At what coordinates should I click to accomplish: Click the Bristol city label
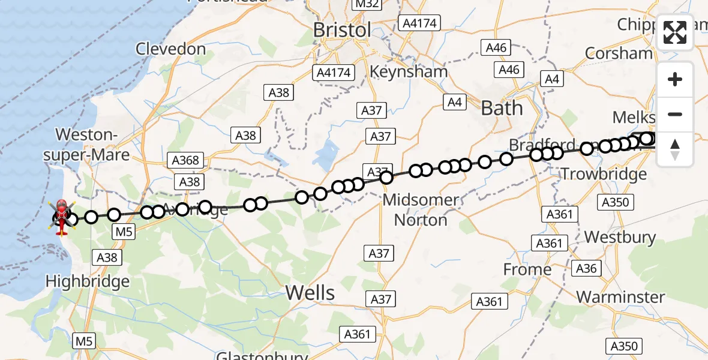click(x=343, y=29)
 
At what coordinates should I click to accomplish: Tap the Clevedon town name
click(x=171, y=49)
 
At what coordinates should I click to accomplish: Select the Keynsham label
click(x=409, y=71)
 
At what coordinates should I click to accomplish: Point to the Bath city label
click(x=502, y=109)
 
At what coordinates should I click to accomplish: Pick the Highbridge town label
click(x=88, y=281)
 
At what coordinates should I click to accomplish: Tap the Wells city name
click(x=310, y=293)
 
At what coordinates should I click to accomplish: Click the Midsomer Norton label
click(x=420, y=209)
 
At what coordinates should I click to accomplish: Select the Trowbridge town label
click(x=604, y=175)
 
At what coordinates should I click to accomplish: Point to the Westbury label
click(x=620, y=237)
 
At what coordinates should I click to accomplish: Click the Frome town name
click(x=527, y=270)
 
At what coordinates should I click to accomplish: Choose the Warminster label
click(x=620, y=297)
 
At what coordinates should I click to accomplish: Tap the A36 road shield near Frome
click(x=586, y=268)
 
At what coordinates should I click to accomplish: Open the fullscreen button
click(x=675, y=34)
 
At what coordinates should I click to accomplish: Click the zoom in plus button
click(x=675, y=79)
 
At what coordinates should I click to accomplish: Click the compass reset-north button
click(x=675, y=149)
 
